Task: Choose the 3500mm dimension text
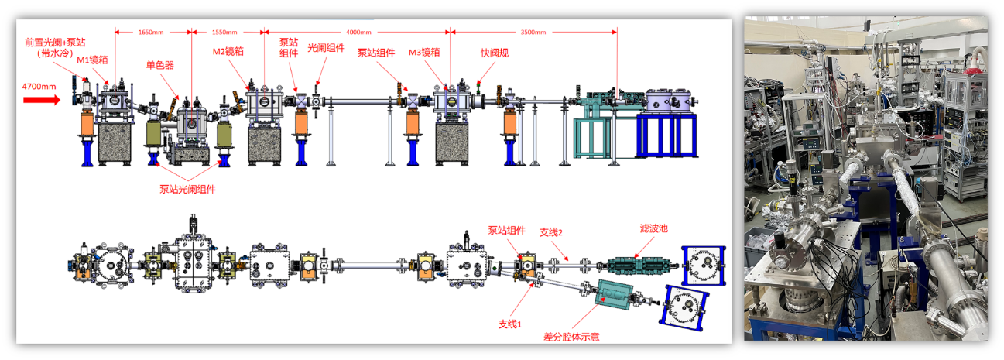click(533, 33)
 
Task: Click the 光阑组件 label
click(326, 47)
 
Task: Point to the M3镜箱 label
click(424, 53)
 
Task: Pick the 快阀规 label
click(494, 53)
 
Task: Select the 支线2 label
click(550, 231)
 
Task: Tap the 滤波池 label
click(654, 229)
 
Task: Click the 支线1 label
click(510, 323)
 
